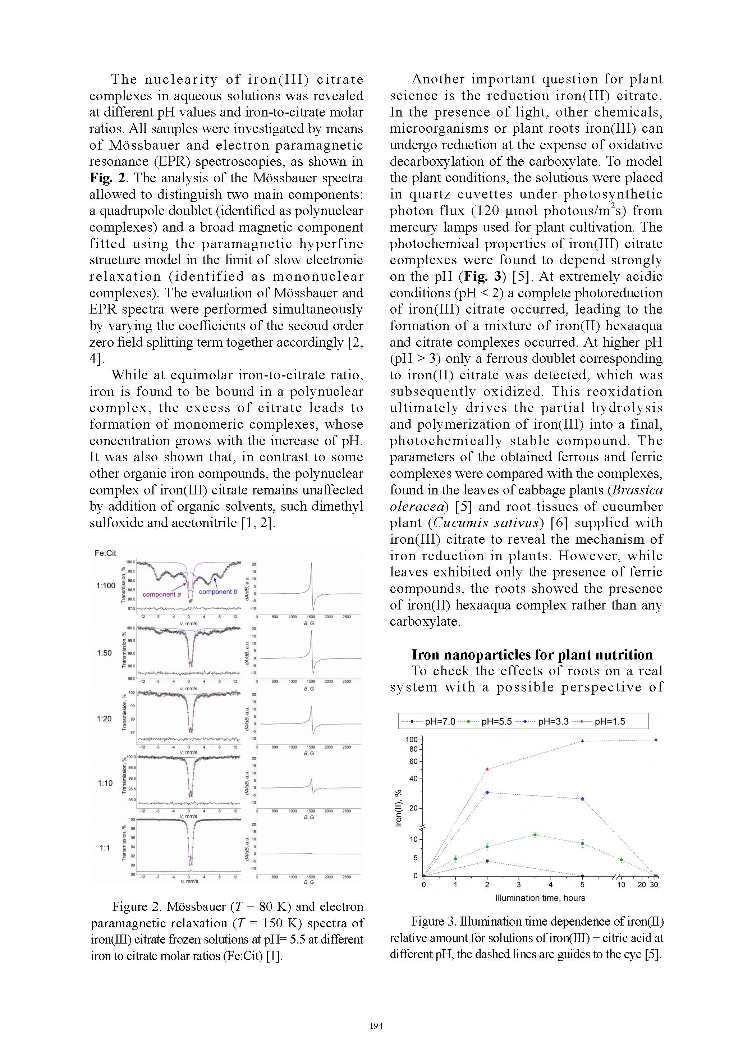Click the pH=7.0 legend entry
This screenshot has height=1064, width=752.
click(433, 722)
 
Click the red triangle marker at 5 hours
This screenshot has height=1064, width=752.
click(582, 741)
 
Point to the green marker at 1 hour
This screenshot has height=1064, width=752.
click(455, 858)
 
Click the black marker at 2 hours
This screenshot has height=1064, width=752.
click(487, 861)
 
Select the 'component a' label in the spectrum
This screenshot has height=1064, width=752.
click(162, 594)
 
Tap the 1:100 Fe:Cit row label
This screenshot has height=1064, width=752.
click(106, 586)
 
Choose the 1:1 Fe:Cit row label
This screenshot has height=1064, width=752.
click(105, 848)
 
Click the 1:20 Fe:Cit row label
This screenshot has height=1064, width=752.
click(104, 719)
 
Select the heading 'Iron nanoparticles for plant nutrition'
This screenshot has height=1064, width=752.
click(532, 654)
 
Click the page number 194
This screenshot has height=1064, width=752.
click(376, 1026)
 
